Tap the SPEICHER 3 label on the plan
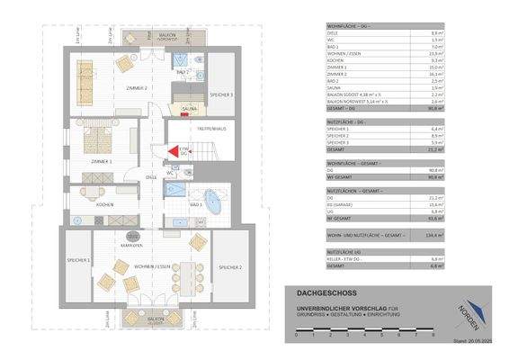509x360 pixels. click(x=222, y=94)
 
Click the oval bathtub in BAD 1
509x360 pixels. click(x=214, y=199)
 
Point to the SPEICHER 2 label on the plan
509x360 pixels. click(x=228, y=267)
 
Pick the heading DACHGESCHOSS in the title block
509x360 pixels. click(x=321, y=292)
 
